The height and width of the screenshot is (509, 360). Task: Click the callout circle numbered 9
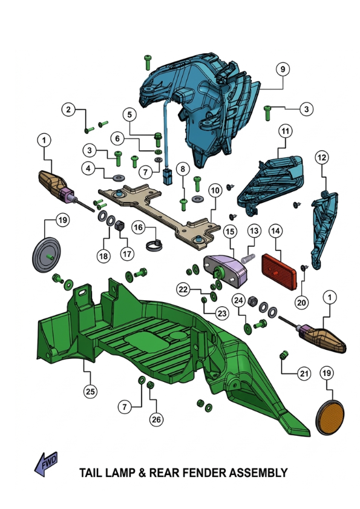coord(283,69)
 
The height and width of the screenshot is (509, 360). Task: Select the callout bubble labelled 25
coord(90,392)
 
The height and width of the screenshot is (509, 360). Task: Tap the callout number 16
coord(139,227)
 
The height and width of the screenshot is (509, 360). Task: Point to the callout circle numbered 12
coord(322,158)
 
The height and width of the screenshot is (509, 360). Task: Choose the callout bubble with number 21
coord(304,373)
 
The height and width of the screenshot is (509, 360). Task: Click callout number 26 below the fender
coord(156,419)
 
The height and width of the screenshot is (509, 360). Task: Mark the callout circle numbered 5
coord(129,114)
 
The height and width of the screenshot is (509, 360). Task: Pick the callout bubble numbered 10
coord(215,190)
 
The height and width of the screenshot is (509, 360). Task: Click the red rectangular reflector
coord(279,271)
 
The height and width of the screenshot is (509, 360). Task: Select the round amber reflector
coord(330,418)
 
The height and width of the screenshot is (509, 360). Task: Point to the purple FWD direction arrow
coord(46,464)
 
